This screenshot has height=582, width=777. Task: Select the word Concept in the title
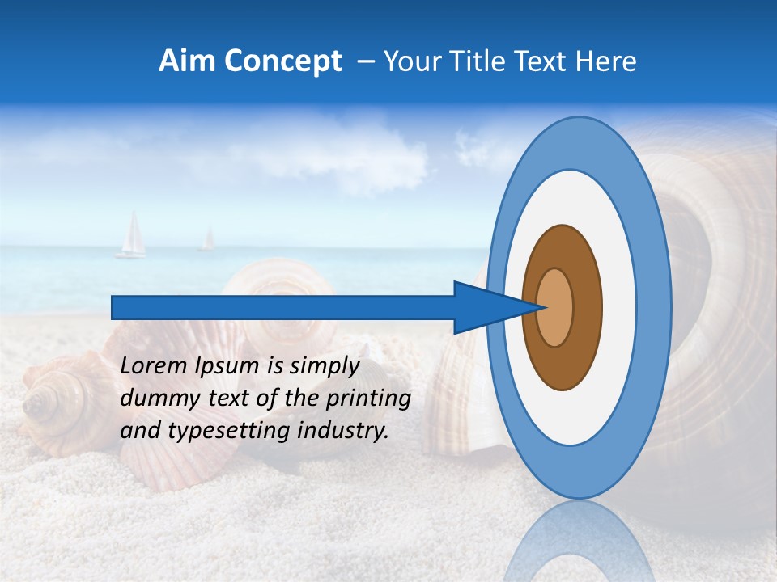click(282, 61)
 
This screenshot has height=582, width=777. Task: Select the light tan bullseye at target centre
click(555, 307)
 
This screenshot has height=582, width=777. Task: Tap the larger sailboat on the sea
click(132, 236)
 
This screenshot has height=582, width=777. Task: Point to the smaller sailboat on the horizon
click(208, 239)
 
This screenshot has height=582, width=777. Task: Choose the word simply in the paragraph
click(324, 366)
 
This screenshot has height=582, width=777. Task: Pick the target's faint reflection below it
click(579, 542)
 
